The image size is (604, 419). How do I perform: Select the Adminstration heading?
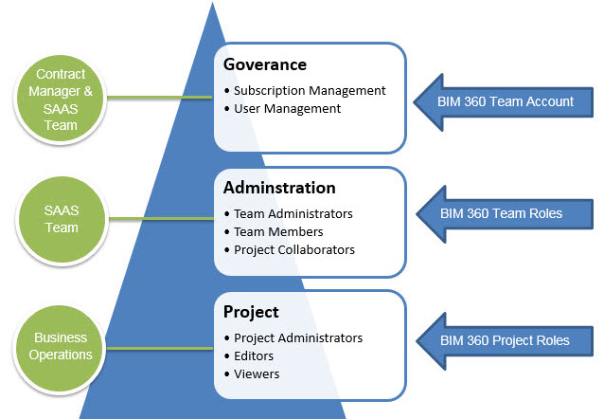tap(279, 188)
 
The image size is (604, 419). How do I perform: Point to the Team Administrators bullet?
tap(293, 214)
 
